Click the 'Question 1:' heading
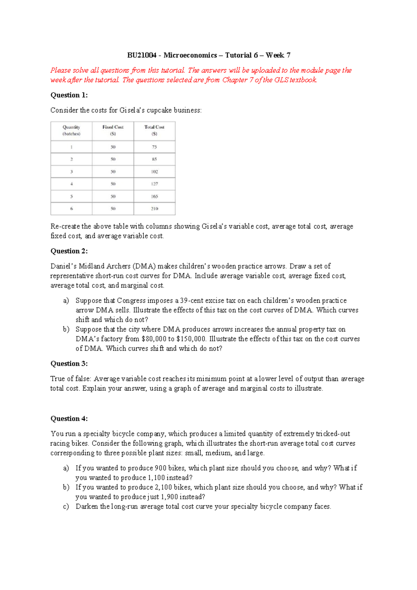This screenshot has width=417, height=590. (x=69, y=95)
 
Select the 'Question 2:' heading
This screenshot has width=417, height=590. (x=69, y=251)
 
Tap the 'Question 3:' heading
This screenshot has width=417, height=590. (x=69, y=364)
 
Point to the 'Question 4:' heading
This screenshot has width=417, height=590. (x=69, y=418)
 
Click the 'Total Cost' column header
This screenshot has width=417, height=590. (x=154, y=130)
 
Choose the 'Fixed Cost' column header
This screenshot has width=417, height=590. (x=113, y=130)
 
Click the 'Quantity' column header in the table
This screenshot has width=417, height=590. (x=71, y=130)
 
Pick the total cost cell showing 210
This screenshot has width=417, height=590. (x=154, y=209)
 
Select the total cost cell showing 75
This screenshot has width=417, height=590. (x=154, y=147)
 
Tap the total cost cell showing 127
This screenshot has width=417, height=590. (x=154, y=184)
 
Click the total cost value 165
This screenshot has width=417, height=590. (x=154, y=197)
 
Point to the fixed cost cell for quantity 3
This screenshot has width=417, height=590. (x=113, y=172)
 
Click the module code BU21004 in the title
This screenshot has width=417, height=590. (x=141, y=55)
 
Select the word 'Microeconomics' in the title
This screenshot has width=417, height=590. (x=190, y=55)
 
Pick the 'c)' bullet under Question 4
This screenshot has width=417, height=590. (x=66, y=507)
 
